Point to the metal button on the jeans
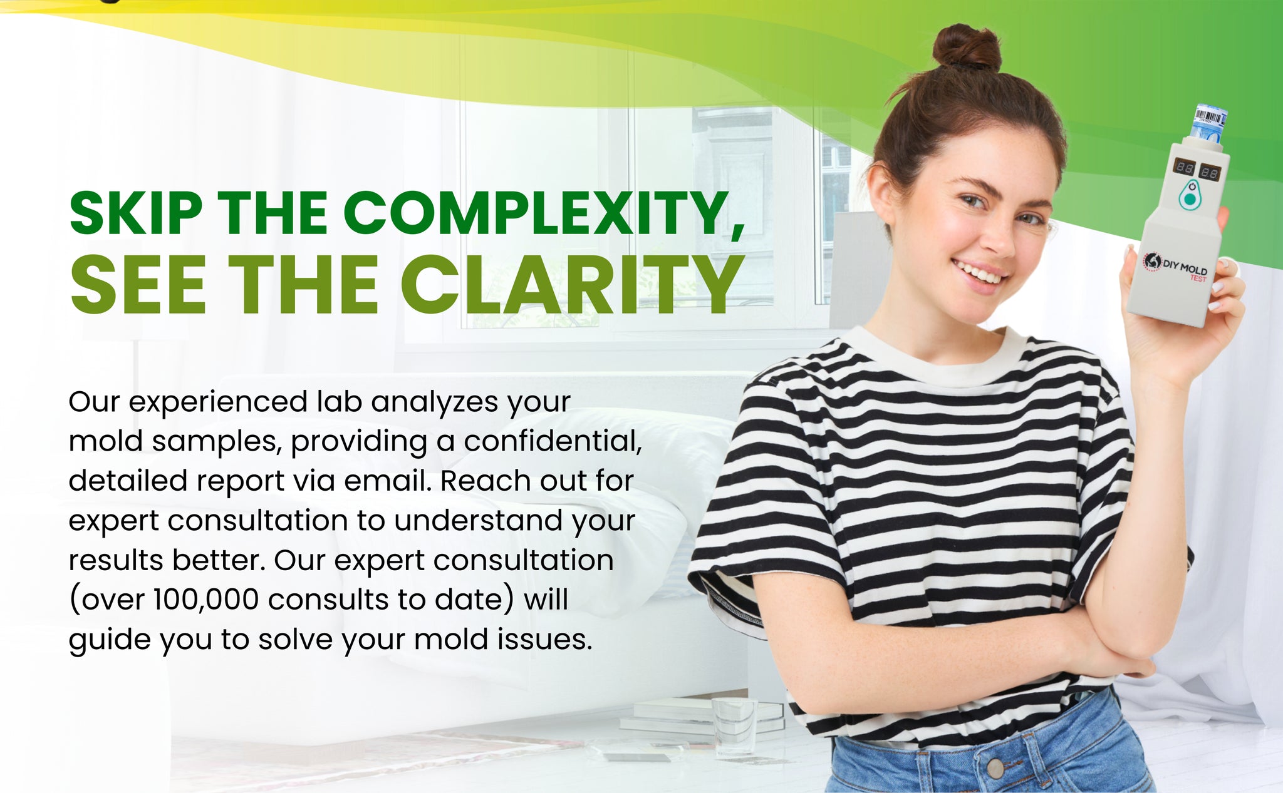pyautogui.click(x=995, y=767)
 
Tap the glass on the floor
pyautogui.click(x=734, y=726)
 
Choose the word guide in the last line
pyautogui.click(x=109, y=640)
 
